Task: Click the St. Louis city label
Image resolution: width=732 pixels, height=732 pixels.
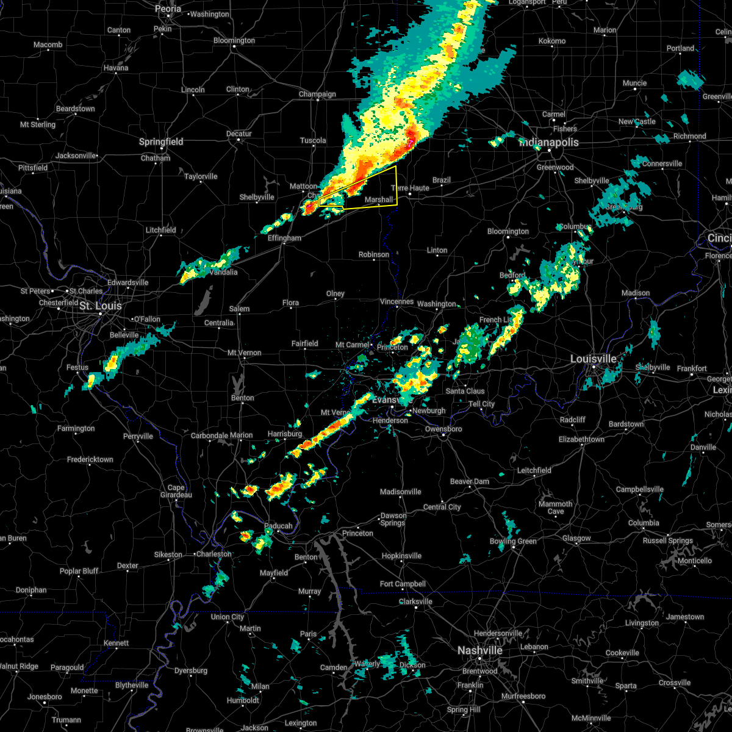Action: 101,306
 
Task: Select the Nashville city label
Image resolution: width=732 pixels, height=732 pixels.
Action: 480,651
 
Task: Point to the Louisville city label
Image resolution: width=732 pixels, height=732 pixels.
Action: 593,359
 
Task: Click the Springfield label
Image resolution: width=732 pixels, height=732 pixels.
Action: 161,142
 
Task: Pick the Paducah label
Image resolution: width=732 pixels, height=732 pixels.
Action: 278,526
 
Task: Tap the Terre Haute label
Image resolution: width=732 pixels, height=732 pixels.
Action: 411,188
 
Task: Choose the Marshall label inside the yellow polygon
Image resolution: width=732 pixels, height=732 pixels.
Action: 379,199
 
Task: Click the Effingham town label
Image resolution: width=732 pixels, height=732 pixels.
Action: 285,238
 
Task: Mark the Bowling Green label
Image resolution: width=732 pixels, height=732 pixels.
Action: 513,541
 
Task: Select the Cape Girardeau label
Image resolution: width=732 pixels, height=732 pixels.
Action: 176,491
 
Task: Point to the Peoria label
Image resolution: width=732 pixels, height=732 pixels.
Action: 168,9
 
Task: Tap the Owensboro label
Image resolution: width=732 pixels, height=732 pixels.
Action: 443,429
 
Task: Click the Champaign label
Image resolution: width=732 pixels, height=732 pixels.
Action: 317,94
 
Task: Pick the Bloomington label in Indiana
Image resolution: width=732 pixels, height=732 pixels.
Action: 508,231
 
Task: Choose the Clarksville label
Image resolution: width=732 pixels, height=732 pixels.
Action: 415,601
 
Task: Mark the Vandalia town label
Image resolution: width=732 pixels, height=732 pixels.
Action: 223,272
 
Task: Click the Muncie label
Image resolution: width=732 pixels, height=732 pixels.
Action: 634,83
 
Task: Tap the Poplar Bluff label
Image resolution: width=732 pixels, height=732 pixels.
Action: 79,571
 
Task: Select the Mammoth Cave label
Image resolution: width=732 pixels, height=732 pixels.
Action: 555,508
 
